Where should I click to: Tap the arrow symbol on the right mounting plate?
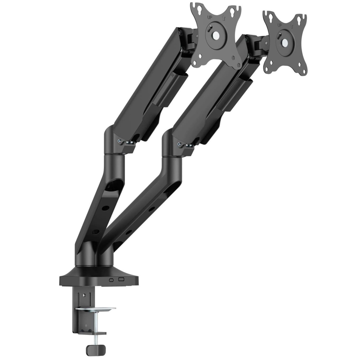point(292,26)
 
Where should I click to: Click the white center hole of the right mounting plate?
point(285,43)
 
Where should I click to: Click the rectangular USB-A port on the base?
point(121,280)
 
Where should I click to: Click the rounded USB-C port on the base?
point(111,280)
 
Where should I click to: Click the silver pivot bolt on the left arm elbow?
point(119,141)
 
